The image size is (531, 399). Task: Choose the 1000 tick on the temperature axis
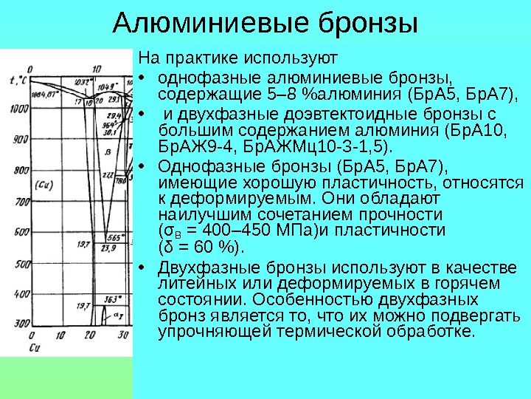[18, 109]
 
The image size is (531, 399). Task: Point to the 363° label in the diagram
[112, 300]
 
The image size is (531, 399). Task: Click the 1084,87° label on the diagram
[44, 95]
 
